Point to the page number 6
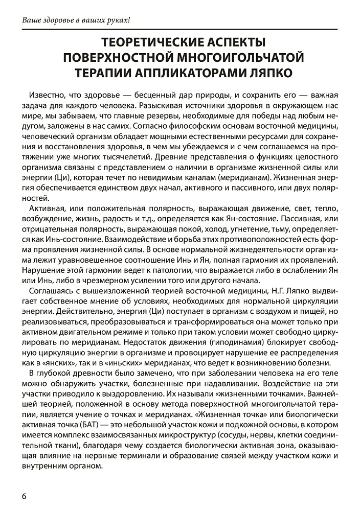[24, 496]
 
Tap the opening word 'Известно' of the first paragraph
[49, 96]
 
